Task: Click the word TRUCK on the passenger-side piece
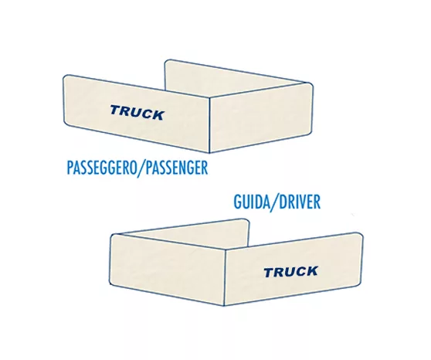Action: click(137, 113)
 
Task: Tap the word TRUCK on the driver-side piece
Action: click(291, 272)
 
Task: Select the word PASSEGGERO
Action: click(102, 168)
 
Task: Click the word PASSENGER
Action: click(176, 168)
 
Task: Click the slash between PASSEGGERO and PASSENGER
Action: click(141, 168)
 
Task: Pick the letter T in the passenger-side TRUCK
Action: click(116, 110)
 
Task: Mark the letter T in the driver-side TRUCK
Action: click(270, 273)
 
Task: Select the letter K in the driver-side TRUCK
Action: click(311, 270)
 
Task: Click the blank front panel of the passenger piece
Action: click(261, 117)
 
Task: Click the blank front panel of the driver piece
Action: click(168, 270)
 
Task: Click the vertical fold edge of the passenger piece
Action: click(210, 124)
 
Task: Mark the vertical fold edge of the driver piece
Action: click(225, 277)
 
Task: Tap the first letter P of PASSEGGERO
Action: click(70, 168)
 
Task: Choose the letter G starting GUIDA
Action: click(237, 202)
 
